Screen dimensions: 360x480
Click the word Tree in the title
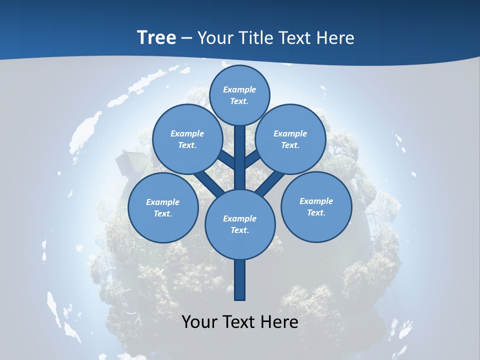pos(156,37)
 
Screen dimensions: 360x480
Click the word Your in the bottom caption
pos(200,321)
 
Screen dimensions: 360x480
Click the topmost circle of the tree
pos(239,95)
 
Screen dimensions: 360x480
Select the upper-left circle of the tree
pos(187,139)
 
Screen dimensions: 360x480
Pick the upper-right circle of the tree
pos(290,139)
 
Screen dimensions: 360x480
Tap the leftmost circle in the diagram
pos(163,207)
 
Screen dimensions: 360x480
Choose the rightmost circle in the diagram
pos(316,206)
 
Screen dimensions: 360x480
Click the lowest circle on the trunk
pos(240,224)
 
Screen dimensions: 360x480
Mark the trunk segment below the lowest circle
pos(240,280)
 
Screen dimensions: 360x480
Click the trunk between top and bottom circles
pos(240,157)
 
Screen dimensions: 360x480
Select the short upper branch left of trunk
pos(226,159)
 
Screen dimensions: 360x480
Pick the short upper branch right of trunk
pos(253,159)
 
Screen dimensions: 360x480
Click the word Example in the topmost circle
pos(239,89)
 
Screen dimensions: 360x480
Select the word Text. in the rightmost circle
pos(316,212)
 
